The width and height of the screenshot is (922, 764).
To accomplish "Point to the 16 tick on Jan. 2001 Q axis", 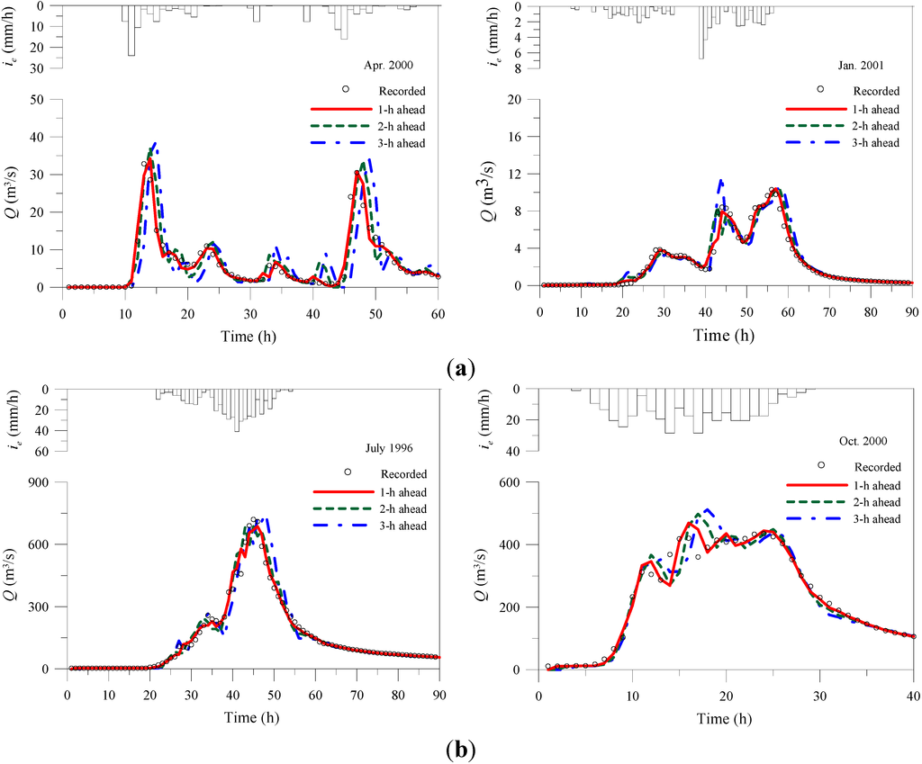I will pos(521,137).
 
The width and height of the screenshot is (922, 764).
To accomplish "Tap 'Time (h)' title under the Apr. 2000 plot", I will pos(249,328).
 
